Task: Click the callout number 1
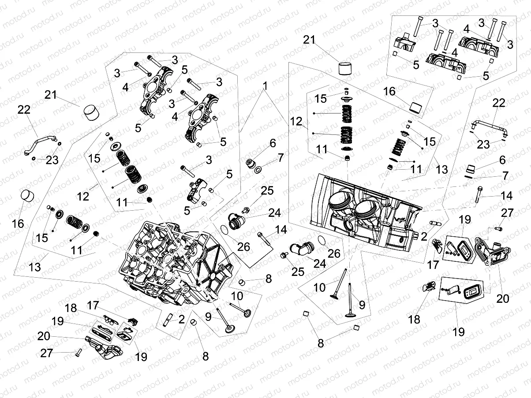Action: tap(265, 84)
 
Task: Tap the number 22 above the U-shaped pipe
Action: tap(498, 103)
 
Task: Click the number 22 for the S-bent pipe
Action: tap(24, 110)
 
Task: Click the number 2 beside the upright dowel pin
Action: tap(181, 320)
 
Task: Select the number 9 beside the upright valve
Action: tap(362, 304)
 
